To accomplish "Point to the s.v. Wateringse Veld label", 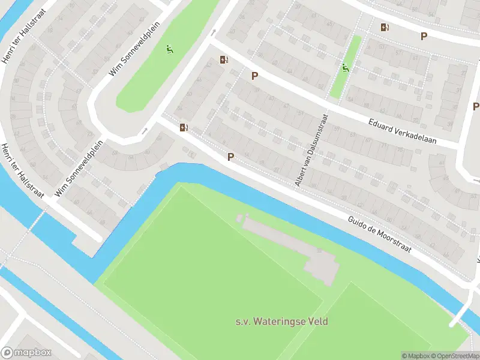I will coord(281,322).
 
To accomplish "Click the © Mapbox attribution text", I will coord(415,356).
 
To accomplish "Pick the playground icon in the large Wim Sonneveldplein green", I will coord(170,49).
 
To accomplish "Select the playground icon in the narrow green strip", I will coord(345,68).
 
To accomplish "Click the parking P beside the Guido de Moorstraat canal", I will coord(230,157).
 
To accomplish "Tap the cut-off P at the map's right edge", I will coord(476,106).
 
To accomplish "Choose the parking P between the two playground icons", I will coord(255,76).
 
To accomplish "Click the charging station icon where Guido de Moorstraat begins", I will coord(184,127).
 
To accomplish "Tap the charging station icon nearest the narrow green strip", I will coord(385,27).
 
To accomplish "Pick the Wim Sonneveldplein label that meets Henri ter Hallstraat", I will coord(79,168).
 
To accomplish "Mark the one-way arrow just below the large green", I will coord(144,130).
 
